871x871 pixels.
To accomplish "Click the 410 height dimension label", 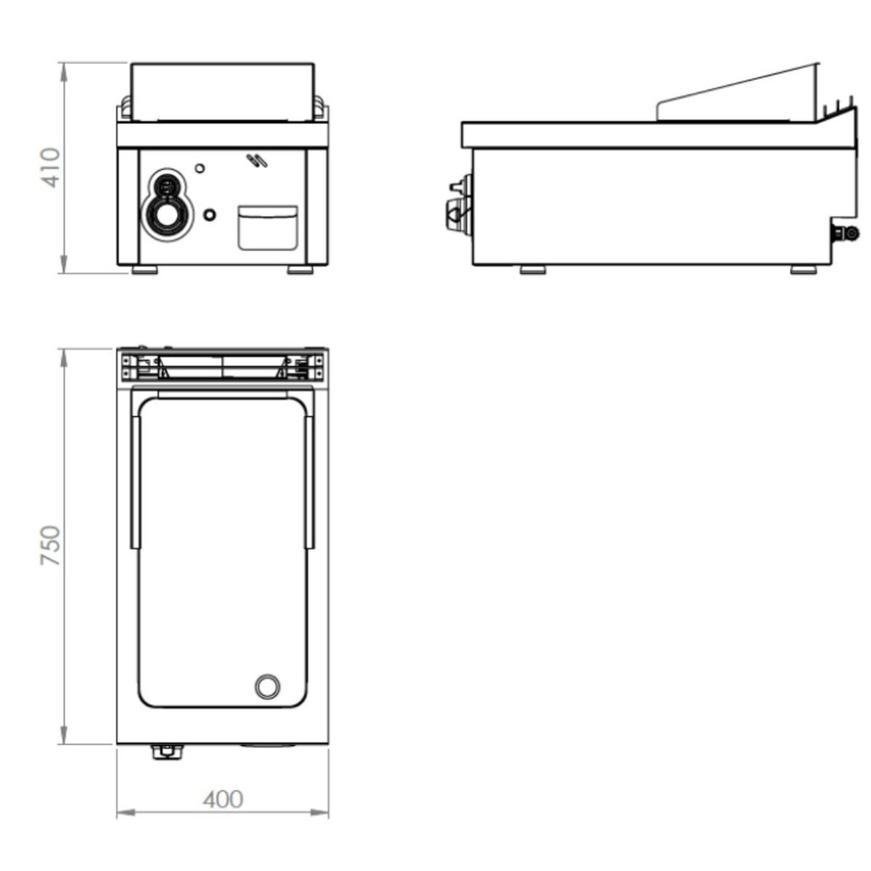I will [50, 168].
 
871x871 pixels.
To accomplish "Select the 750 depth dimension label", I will [50, 546].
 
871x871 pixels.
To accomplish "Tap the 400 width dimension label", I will [223, 800].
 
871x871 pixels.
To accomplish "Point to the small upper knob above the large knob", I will [168, 185].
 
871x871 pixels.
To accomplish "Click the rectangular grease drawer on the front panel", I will [267, 227].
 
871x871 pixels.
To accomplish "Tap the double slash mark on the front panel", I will [255, 160].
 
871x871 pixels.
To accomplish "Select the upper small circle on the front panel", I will [200, 168].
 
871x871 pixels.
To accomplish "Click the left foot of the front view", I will [145, 270].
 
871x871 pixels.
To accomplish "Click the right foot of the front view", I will [299, 270].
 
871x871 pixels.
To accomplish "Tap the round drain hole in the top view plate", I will [267, 686].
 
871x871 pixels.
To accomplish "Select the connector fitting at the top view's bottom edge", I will [165, 750].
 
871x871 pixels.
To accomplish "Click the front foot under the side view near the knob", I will [532, 270].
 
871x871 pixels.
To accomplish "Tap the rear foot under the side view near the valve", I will [803, 270].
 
